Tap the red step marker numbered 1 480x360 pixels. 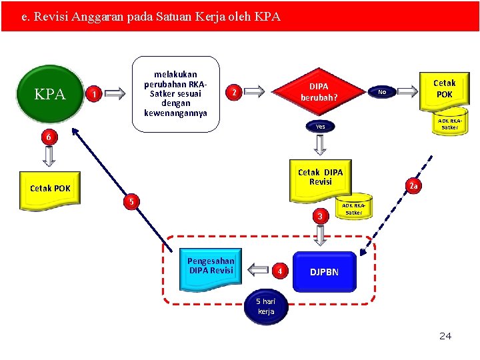[x=95, y=95]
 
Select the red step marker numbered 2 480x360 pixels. [x=233, y=92]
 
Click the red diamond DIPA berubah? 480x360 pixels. [x=319, y=92]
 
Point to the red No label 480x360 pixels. [x=381, y=91]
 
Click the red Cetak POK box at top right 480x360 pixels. [x=444, y=89]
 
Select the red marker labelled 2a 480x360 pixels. [x=413, y=186]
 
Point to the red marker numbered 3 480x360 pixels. [x=320, y=216]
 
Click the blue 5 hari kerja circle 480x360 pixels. [x=265, y=307]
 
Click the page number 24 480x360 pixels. [x=445, y=336]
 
